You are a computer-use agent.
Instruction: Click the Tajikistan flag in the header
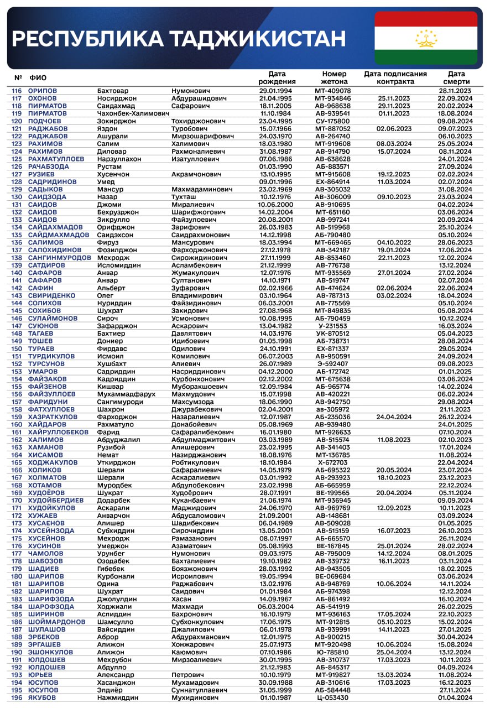[426, 38]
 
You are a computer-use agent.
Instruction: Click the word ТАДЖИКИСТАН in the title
[257, 39]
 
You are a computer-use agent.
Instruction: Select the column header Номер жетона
[333, 77]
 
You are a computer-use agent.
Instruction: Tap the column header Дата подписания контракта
[395, 77]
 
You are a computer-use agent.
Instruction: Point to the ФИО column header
[38, 77]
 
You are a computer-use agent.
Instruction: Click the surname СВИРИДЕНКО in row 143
[51, 296]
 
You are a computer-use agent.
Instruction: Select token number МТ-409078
[333, 91]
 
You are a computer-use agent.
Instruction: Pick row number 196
[17, 697]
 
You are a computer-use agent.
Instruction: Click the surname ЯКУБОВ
[43, 697]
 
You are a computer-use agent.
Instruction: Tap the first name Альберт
[111, 288]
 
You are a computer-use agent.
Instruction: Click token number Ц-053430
[333, 697]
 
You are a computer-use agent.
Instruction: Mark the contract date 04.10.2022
[394, 242]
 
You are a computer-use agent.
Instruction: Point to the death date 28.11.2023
[455, 91]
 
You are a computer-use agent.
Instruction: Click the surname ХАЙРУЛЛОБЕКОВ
[58, 433]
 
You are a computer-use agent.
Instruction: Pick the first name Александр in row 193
[116, 675]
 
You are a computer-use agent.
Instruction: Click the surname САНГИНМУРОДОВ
[59, 258]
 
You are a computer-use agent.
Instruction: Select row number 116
[17, 91]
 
